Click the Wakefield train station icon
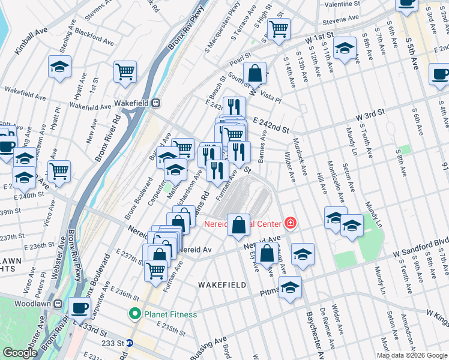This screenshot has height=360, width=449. [x=155, y=103]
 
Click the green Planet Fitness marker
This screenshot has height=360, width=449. [x=135, y=313]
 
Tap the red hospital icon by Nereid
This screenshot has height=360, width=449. [x=291, y=223]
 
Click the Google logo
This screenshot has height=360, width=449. [x=20, y=353]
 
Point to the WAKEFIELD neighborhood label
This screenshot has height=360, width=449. [x=223, y=285]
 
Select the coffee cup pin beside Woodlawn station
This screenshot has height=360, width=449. [x=79, y=308]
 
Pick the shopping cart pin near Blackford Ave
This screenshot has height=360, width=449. [x=125, y=71]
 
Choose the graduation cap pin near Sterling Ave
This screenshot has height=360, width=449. [x=60, y=67]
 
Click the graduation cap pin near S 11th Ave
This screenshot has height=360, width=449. [x=345, y=48]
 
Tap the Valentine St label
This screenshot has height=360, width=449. [x=341, y=4]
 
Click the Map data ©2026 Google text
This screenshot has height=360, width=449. [x=411, y=355]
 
